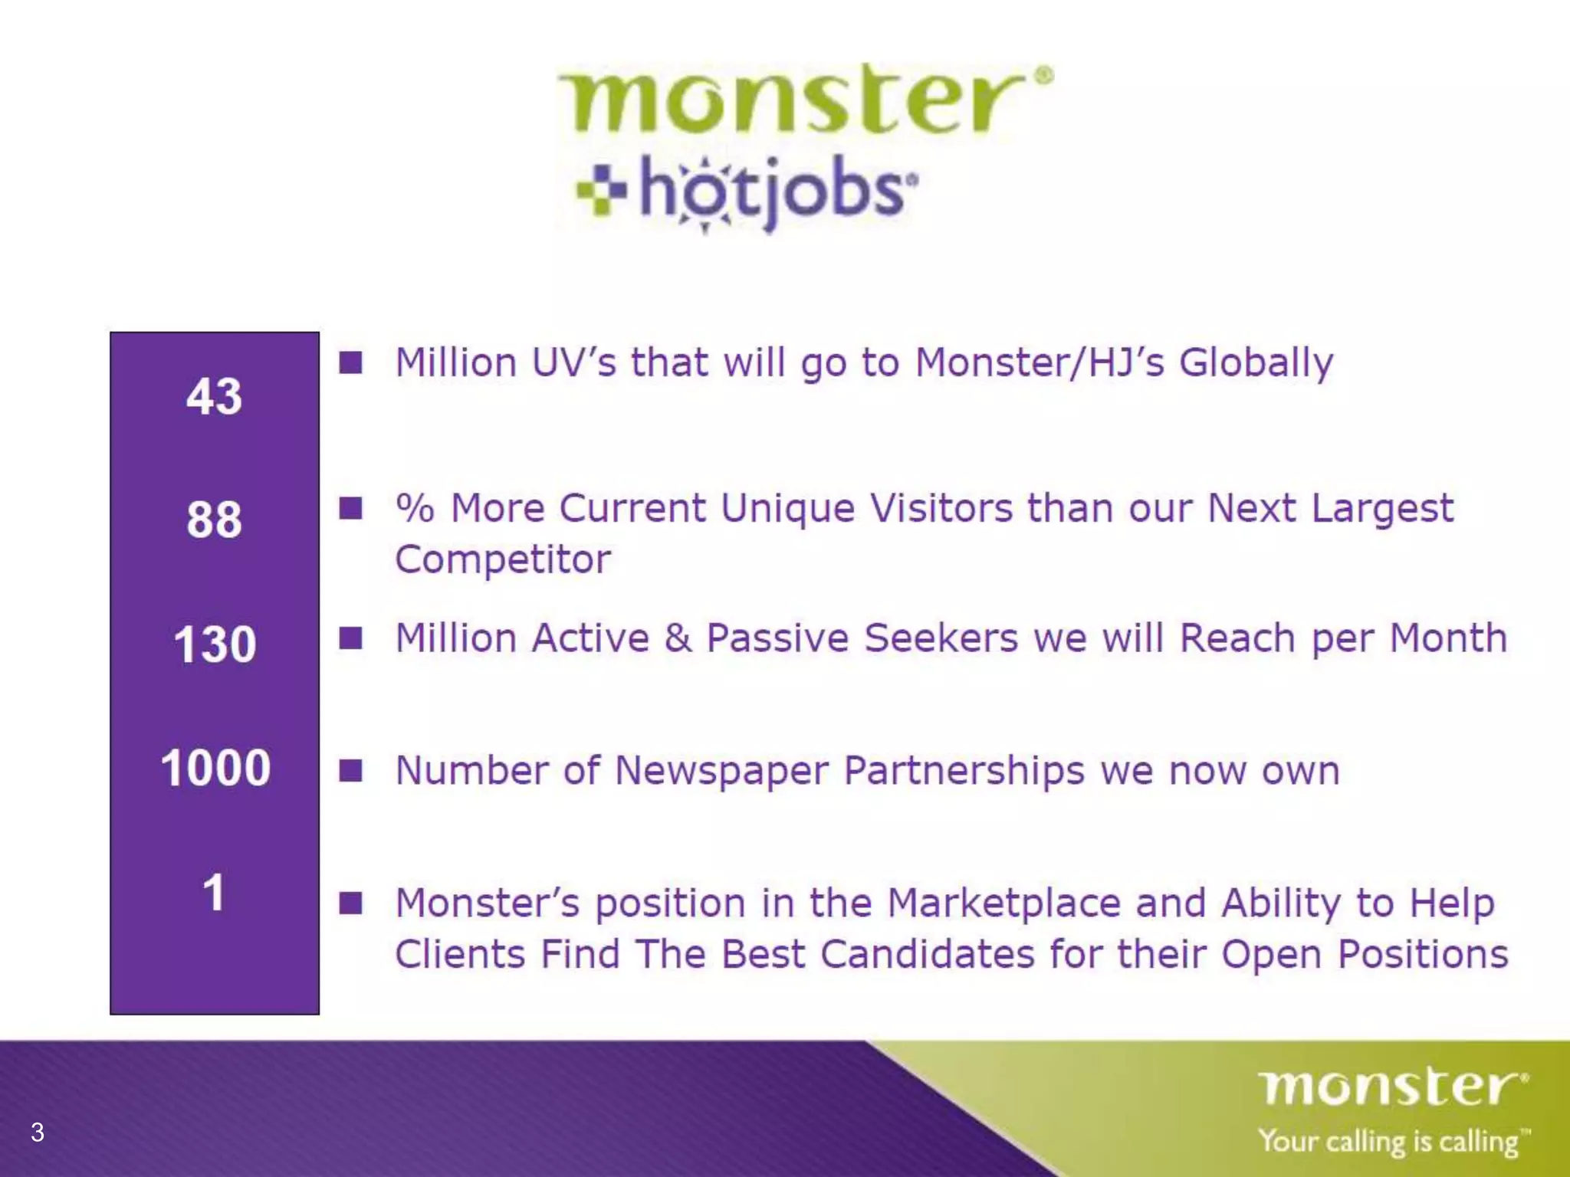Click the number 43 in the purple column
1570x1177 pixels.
pyautogui.click(x=214, y=396)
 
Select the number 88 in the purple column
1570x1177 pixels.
pyautogui.click(x=214, y=520)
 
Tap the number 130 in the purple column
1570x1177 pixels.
pyautogui.click(x=215, y=644)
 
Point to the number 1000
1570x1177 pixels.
pyautogui.click(x=215, y=767)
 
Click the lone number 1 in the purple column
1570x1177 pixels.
pyautogui.click(x=214, y=893)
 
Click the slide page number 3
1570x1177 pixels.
pyautogui.click(x=37, y=1132)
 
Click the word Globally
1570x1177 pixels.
pyautogui.click(x=1256, y=363)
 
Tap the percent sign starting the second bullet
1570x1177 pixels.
pyautogui.click(x=415, y=507)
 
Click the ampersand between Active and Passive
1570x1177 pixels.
pyautogui.click(x=678, y=638)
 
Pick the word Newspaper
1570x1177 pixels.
pyautogui.click(x=721, y=770)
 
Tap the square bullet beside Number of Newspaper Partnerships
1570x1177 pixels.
pyautogui.click(x=351, y=770)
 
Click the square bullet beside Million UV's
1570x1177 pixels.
pyautogui.click(x=351, y=362)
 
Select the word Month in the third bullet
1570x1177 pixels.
pyautogui.click(x=1448, y=638)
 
